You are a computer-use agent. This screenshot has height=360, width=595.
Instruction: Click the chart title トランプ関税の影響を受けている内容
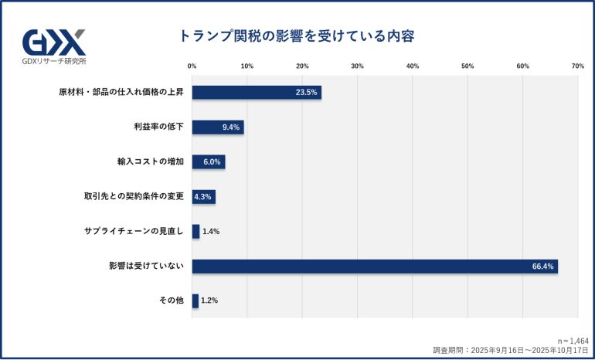(297, 36)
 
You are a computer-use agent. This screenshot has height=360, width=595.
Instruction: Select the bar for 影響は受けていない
(375, 266)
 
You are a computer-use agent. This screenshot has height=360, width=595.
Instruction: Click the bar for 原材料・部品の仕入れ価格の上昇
(257, 92)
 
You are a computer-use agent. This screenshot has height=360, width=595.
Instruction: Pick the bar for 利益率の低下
(218, 127)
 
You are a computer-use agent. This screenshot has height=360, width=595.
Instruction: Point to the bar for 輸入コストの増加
(209, 161)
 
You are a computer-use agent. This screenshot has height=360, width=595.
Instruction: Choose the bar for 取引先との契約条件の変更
(204, 196)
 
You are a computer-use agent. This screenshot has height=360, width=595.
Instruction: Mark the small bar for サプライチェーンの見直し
(195, 231)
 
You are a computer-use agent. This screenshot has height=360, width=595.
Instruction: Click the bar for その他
(195, 301)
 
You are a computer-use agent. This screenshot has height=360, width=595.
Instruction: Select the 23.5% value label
(306, 92)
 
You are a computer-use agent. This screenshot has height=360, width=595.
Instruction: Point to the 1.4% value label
(211, 231)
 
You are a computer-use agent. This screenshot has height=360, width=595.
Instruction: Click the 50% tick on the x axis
(467, 66)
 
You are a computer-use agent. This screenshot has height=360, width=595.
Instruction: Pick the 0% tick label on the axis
(192, 66)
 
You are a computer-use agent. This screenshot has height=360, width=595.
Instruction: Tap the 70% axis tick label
(577, 66)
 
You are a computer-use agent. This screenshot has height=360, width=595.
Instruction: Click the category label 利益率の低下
(158, 127)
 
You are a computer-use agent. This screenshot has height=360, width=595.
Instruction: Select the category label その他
(171, 301)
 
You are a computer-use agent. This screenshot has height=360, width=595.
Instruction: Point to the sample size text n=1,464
(573, 340)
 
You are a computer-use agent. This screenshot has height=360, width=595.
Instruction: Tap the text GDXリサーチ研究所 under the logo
(54, 60)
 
